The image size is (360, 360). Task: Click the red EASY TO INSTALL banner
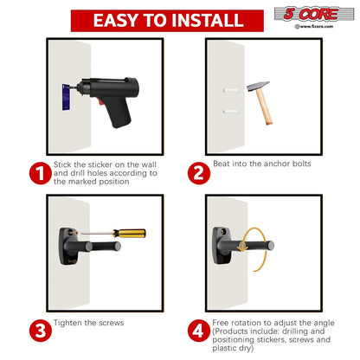[x=167, y=21]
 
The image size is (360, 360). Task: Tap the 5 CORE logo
[x=314, y=14]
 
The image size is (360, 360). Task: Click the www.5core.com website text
[x=314, y=26]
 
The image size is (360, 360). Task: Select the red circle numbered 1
[x=41, y=173]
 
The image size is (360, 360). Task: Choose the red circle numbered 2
[x=199, y=173]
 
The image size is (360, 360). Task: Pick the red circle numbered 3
[x=41, y=331]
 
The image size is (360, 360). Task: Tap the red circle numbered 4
[x=199, y=331]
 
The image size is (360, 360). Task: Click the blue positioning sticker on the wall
[x=66, y=97]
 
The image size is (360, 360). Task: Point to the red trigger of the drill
[x=100, y=101]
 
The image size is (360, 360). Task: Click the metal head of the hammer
[x=259, y=86]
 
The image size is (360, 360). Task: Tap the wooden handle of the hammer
[x=264, y=107]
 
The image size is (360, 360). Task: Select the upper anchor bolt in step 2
[x=231, y=91]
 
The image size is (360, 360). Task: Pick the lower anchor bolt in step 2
[x=231, y=112]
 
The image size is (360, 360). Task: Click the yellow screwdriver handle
[x=129, y=233]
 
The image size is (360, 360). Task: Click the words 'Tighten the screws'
[x=88, y=323]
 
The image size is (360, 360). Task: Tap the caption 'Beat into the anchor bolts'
[x=262, y=164]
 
